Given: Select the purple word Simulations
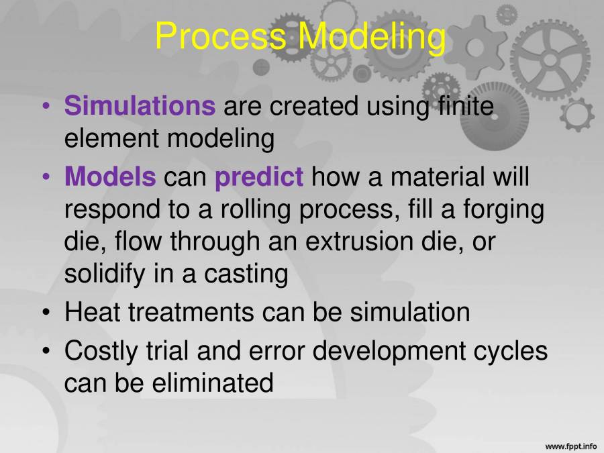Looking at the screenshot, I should point(140,106).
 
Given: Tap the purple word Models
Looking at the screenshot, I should point(110,178).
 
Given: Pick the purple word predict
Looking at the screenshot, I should point(259,178).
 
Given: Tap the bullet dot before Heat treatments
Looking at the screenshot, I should point(46,313).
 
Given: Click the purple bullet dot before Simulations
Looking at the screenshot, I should point(46,107).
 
